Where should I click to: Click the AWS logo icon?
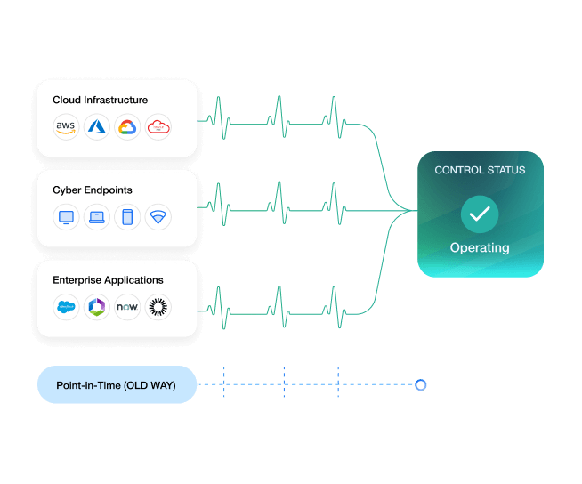click(66, 126)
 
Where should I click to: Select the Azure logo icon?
click(96, 126)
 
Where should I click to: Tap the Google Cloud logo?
click(127, 126)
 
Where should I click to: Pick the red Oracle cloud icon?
click(158, 126)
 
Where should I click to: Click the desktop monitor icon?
click(66, 216)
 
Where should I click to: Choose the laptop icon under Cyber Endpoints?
click(96, 216)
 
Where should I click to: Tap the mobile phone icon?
click(127, 216)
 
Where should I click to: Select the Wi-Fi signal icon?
click(158, 216)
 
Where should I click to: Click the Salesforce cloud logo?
click(66, 307)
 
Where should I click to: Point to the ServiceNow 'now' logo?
click(127, 307)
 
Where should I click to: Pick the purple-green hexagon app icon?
click(96, 307)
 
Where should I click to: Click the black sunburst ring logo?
click(158, 307)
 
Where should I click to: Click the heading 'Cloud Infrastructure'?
click(100, 100)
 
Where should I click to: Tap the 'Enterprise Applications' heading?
click(108, 280)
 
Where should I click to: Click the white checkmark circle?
click(480, 214)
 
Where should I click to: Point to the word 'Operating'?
click(480, 247)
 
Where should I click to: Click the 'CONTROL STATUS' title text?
click(480, 170)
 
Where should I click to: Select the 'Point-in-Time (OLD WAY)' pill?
click(117, 385)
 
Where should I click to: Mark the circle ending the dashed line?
click(421, 385)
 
